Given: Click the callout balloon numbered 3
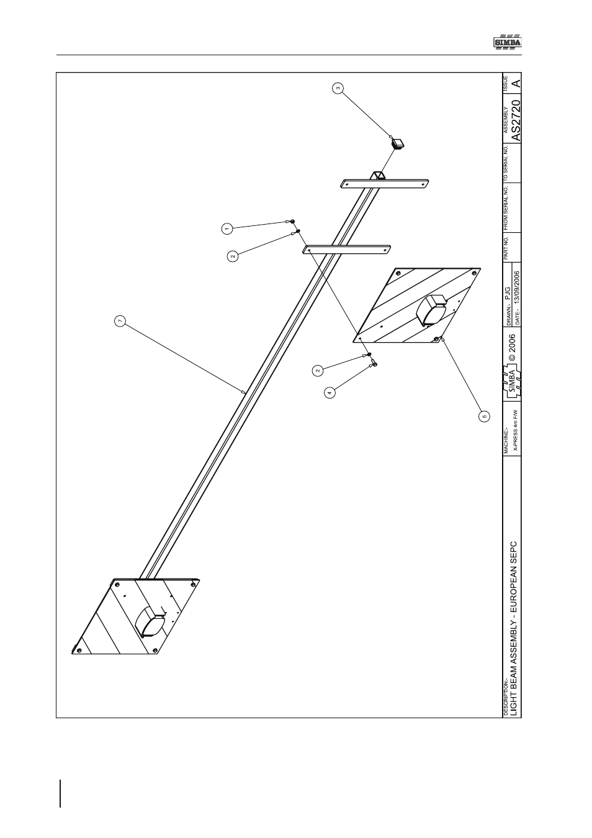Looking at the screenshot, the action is click(x=338, y=88).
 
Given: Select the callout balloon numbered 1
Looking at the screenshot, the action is click(x=226, y=228).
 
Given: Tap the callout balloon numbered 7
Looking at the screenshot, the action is click(x=120, y=320).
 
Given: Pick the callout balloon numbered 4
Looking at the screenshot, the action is click(x=330, y=393).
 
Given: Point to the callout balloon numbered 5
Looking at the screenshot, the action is click(x=485, y=416).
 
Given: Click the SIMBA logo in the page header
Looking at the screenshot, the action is click(x=506, y=42).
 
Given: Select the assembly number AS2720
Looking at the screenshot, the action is click(x=516, y=120).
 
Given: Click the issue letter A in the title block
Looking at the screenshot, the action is click(x=516, y=83).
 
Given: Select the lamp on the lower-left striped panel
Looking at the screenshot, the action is click(x=151, y=623).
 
